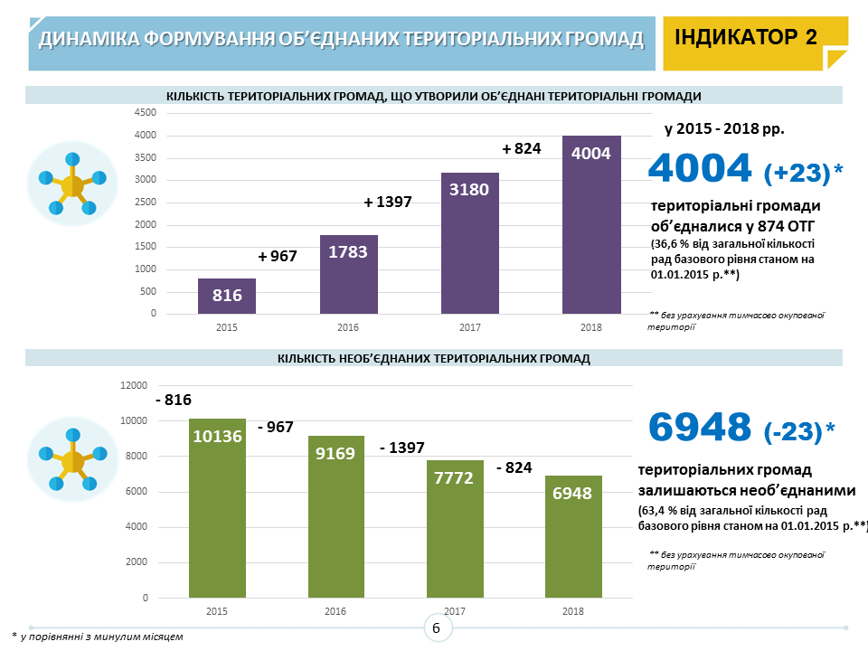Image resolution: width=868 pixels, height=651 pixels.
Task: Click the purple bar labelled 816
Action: pos(227,296)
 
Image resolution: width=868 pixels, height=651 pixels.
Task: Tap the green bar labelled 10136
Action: pos(217,507)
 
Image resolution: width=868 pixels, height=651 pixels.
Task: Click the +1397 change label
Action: pos(388,203)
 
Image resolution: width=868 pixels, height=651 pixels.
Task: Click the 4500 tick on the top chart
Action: pos(146,113)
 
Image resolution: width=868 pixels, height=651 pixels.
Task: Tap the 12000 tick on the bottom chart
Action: pos(134,385)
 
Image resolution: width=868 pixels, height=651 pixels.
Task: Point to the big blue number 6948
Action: pos(700,427)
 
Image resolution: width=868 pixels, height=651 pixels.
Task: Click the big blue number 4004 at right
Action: pos(701,168)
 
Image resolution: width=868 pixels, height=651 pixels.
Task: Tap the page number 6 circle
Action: pos(436,628)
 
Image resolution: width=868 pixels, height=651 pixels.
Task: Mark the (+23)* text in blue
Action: pos(802,172)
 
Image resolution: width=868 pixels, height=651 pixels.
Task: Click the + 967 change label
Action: pos(278,257)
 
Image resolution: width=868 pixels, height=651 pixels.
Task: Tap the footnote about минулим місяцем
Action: pos(98,637)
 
